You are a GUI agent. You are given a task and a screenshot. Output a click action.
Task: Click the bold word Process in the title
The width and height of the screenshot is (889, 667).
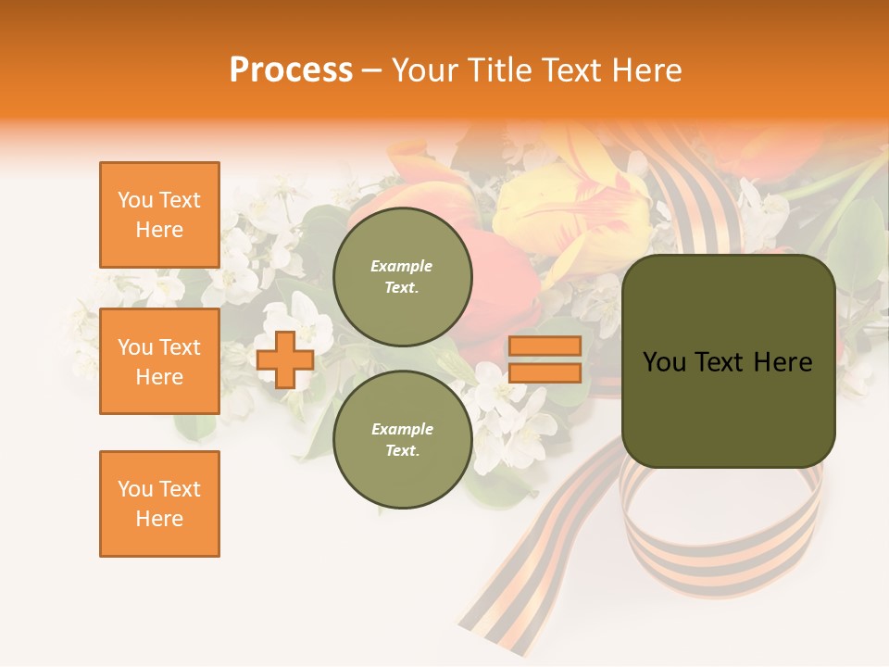(291, 70)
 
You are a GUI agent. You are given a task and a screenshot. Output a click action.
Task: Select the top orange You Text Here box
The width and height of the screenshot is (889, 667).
(159, 215)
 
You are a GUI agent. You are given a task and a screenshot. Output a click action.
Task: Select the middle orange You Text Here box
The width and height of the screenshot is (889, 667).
(159, 361)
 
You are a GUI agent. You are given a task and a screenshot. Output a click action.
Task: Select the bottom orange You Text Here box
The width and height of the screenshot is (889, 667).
(159, 504)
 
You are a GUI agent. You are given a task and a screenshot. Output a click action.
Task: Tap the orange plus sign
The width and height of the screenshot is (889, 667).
(285, 359)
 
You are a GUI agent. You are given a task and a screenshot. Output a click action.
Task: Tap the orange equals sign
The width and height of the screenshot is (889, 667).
(545, 359)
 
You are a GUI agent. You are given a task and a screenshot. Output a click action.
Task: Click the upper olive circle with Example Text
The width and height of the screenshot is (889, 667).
(402, 277)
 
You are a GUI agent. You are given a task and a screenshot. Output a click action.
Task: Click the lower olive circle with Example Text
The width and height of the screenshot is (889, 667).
(402, 439)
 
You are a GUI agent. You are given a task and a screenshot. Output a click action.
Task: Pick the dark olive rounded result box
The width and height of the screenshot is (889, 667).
(728, 361)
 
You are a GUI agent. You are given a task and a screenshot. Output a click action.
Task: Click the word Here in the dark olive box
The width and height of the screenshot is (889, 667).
(784, 362)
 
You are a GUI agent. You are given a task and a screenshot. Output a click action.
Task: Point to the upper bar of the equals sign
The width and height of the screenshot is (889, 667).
(545, 346)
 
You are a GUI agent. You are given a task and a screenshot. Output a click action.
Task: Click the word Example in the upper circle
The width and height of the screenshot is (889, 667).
(402, 267)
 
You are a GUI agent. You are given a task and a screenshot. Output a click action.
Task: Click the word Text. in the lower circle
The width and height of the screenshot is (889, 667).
(402, 450)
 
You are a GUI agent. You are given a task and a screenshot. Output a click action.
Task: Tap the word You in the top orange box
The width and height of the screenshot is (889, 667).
(134, 200)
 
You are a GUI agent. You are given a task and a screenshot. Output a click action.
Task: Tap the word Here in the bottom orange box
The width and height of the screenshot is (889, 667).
(159, 519)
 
